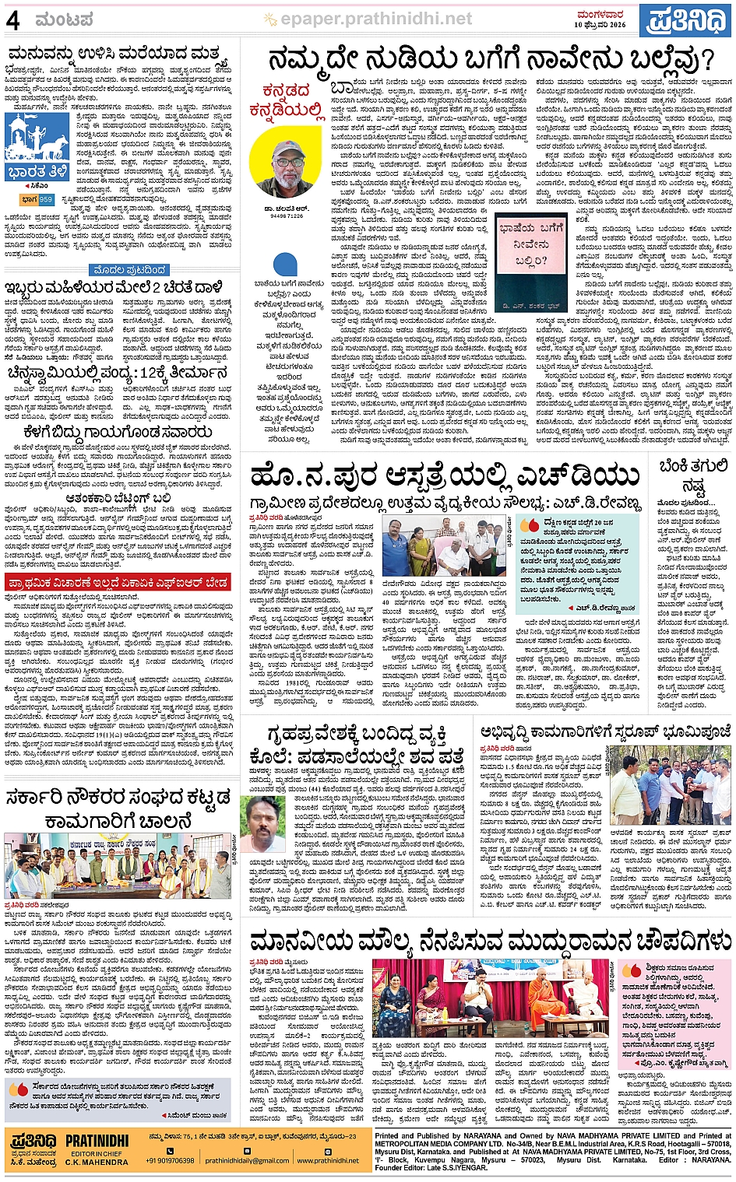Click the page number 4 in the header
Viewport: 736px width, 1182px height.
(x=13, y=19)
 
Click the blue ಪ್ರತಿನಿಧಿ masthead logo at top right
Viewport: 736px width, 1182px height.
(x=685, y=19)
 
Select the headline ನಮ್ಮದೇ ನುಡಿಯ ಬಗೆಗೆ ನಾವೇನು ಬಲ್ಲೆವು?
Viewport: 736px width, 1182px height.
(x=490, y=59)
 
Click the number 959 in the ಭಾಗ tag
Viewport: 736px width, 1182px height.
(x=46, y=200)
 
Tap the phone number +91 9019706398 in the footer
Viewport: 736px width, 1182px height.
(x=170, y=1160)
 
